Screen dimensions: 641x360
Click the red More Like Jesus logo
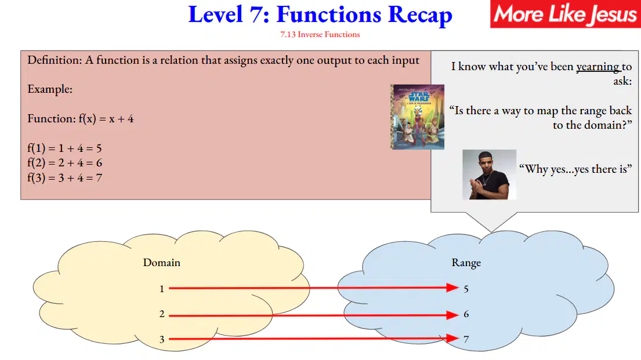(566, 14)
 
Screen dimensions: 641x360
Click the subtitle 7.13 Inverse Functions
(320, 35)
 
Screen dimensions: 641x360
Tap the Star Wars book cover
(418, 117)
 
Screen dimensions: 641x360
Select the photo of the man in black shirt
(490, 174)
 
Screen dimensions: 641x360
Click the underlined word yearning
(598, 67)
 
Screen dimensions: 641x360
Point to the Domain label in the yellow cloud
(161, 263)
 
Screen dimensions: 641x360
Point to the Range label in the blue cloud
(466, 263)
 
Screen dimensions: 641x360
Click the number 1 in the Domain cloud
(162, 289)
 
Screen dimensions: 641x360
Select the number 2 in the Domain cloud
(162, 314)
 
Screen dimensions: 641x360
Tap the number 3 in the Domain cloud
(162, 339)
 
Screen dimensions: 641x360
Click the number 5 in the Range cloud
(466, 289)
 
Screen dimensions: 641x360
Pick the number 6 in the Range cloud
(466, 314)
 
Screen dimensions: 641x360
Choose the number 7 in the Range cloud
(466, 339)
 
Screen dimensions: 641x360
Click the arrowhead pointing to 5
(452, 288)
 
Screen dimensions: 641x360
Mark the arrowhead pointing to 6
(452, 315)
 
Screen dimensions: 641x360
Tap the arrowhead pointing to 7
(452, 339)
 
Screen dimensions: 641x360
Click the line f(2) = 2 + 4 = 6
(64, 163)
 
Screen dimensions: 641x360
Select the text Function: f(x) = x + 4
(81, 119)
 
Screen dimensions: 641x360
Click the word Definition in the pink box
(55, 60)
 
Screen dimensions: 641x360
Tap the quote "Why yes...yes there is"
(575, 169)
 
